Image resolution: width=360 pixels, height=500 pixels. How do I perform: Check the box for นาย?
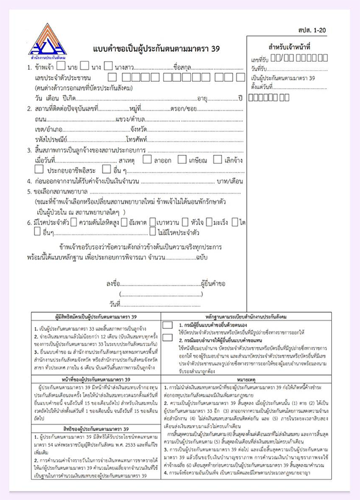61,65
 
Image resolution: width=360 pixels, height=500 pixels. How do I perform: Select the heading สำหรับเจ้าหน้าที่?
289,46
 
